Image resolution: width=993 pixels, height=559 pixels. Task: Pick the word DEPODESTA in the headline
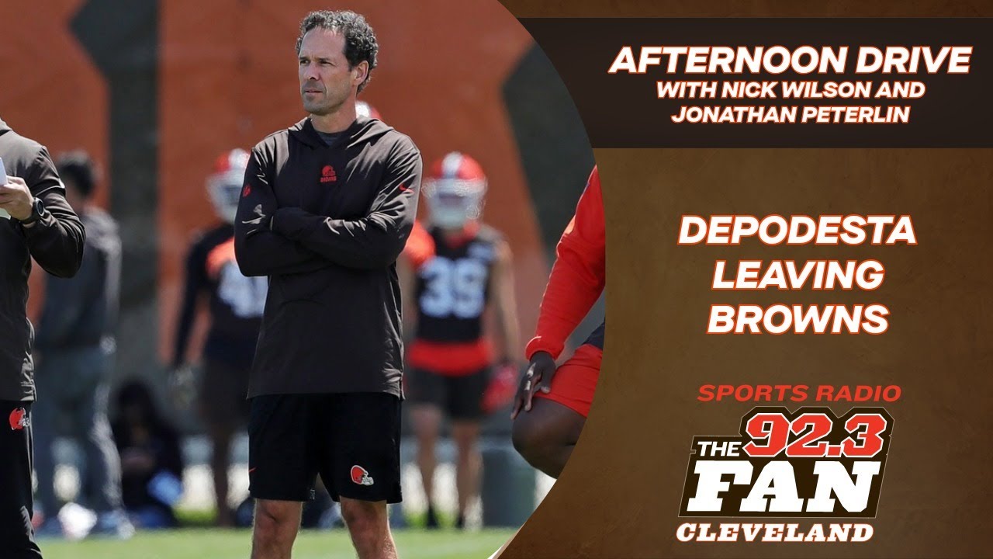[797, 232]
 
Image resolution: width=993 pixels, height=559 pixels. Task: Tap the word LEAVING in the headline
[797, 275]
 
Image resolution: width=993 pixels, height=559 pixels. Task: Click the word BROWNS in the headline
[797, 318]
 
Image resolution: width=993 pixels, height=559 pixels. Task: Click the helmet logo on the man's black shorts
[361, 475]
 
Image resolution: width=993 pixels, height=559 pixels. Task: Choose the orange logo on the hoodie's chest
[328, 173]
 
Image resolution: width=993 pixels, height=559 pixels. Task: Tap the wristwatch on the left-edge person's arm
[34, 210]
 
